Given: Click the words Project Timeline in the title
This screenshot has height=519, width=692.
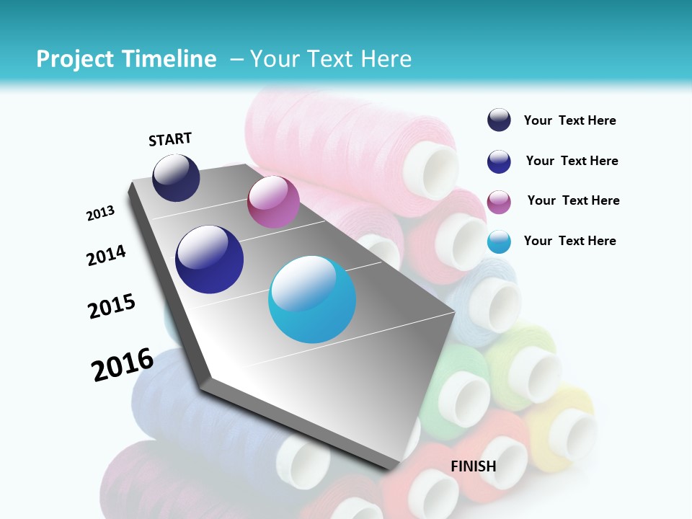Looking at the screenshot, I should coord(126,59).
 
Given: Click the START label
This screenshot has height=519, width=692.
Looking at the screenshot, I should coord(170,139).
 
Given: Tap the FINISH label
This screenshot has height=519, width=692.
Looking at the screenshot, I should coord(474,466).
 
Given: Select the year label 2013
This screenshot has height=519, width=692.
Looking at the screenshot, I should coord(101,213).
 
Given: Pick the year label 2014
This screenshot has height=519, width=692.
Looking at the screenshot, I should coord(106,256).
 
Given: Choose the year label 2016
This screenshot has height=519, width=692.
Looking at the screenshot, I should coord(123,364).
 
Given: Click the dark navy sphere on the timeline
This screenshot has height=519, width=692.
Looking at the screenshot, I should coord(176,178).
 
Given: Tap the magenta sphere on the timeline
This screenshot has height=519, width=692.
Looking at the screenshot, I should coord(273,202).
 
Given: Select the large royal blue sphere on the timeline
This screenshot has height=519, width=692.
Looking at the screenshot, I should coord(209,259).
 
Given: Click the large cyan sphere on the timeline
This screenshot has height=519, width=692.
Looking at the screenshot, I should coord(312,299).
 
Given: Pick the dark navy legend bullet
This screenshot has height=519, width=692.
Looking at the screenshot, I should coord(499,120).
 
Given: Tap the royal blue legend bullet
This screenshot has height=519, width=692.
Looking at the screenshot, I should coord(499,161).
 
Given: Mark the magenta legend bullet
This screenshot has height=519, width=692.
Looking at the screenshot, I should coord(499,202).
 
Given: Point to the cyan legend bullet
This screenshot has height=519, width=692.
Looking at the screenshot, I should coord(499,241).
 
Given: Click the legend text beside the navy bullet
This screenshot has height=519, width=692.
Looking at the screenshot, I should coord(569,120).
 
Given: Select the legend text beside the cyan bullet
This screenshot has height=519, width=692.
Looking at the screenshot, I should coord(569,241).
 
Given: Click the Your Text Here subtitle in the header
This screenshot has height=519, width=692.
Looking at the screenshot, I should coord(331,59).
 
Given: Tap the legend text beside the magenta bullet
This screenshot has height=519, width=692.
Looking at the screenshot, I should coord(573,200).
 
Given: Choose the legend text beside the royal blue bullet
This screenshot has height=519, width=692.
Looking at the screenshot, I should coord(572,161).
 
